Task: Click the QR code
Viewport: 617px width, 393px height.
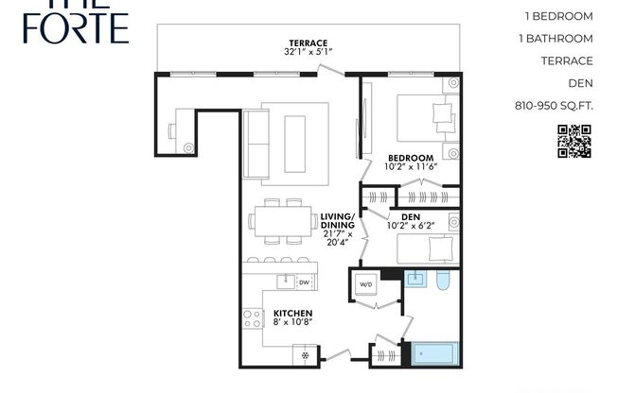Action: pyautogui.click(x=573, y=141)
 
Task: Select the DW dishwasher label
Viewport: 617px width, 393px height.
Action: pyautogui.click(x=304, y=281)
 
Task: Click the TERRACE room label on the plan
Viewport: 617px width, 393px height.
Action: pyautogui.click(x=308, y=43)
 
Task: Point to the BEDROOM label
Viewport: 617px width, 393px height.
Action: pyautogui.click(x=411, y=157)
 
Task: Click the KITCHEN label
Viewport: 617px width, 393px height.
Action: pyautogui.click(x=293, y=313)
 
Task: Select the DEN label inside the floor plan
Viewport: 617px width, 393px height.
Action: pyautogui.click(x=411, y=217)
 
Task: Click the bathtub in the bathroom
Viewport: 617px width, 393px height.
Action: pyautogui.click(x=434, y=355)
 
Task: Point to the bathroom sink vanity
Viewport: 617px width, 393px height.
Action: pyautogui.click(x=414, y=279)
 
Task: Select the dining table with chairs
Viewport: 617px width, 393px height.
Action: pyautogui.click(x=284, y=221)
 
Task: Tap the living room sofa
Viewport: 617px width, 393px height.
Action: pyautogui.click(x=256, y=143)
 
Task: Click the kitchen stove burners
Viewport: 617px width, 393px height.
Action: pyautogui.click(x=252, y=319)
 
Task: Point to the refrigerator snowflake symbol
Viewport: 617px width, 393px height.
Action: pyautogui.click(x=306, y=356)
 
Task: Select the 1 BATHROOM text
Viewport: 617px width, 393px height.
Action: pyautogui.click(x=556, y=39)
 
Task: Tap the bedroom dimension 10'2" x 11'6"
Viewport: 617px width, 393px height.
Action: pyautogui.click(x=411, y=167)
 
